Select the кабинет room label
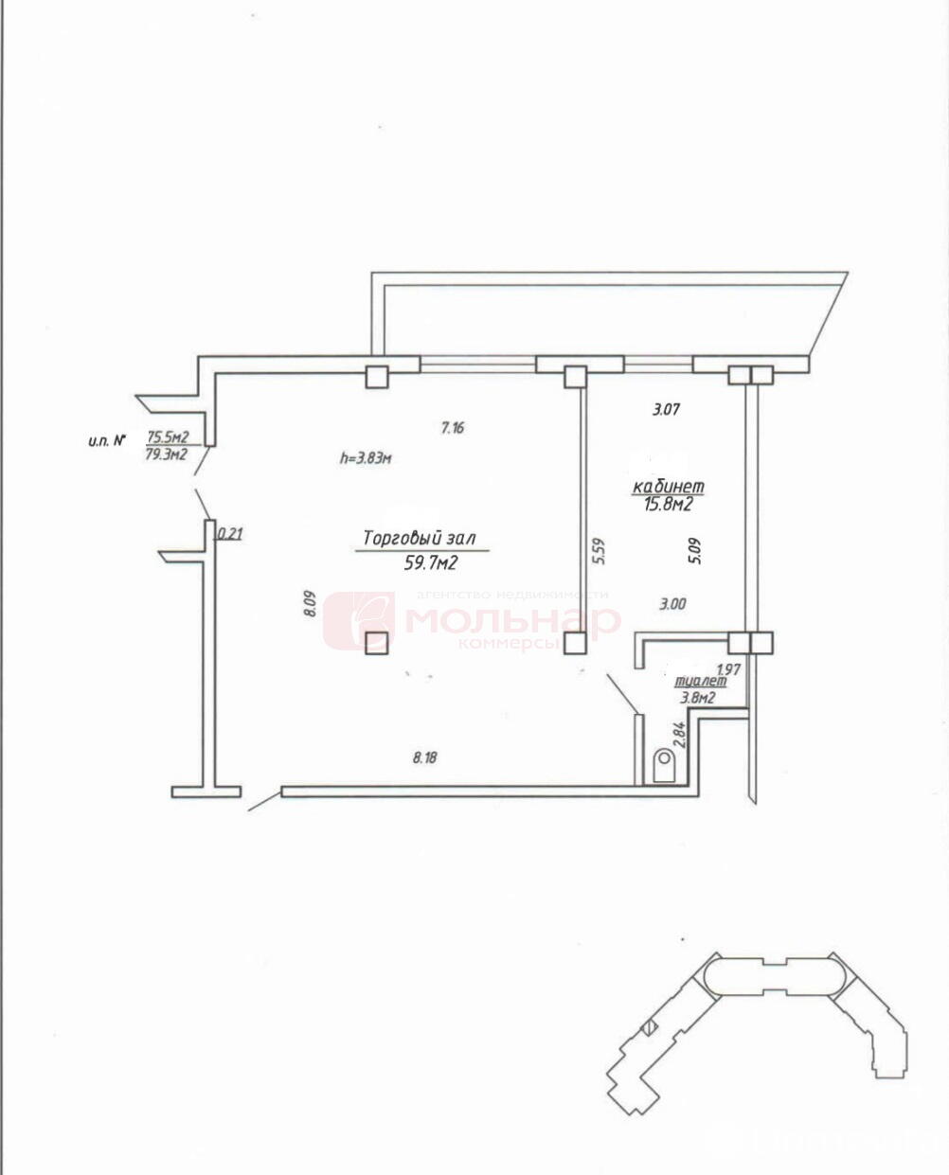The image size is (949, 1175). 669,486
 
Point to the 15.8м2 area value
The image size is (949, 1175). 669,504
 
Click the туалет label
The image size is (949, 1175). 700,681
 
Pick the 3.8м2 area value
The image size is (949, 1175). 697,697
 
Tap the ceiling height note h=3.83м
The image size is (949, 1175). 366,458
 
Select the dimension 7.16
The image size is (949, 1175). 453,428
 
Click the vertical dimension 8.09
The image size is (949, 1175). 309,604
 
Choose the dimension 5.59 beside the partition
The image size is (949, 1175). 599,553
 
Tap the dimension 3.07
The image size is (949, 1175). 667,410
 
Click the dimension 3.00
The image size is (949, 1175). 671,603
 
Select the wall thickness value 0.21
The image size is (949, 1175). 230,534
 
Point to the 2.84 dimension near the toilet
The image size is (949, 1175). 677,734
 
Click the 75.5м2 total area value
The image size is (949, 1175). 167,436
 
